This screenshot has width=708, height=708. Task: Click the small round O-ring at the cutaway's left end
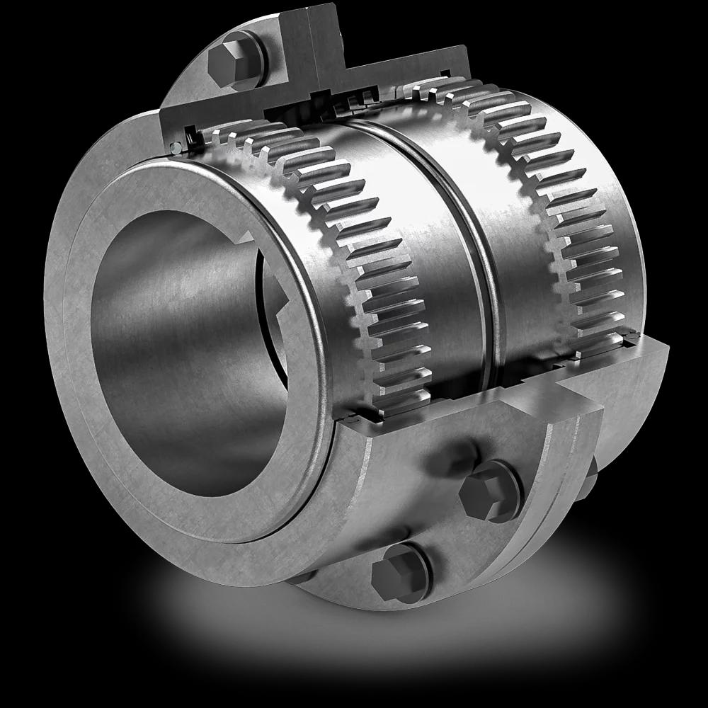point(174,147)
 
